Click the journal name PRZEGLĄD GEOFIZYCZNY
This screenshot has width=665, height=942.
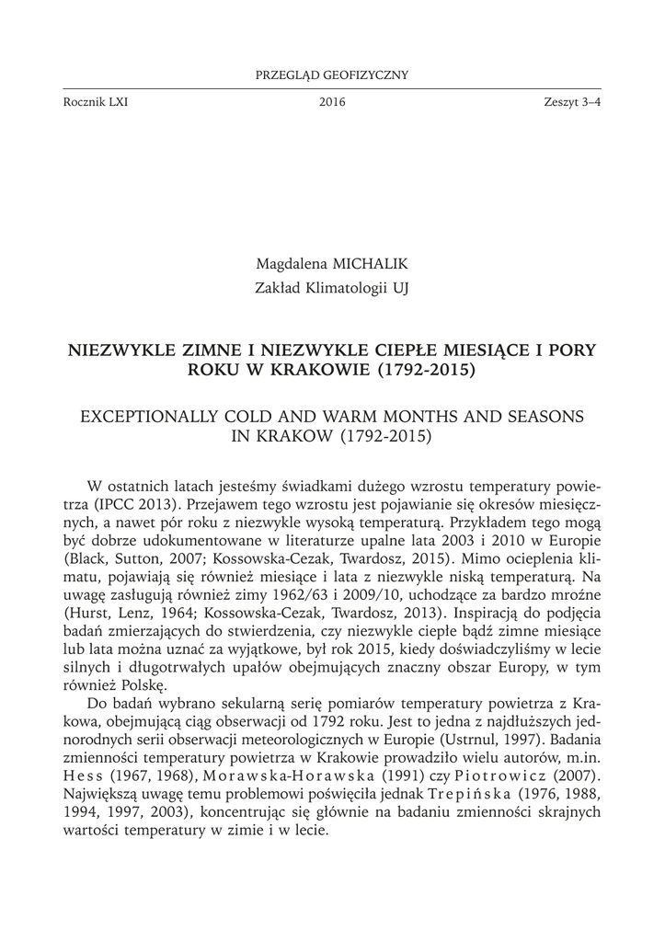[332, 75]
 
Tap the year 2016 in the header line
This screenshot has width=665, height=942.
[332, 102]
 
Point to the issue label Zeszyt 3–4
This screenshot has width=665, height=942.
[572, 102]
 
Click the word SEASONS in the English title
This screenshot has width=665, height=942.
[544, 417]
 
